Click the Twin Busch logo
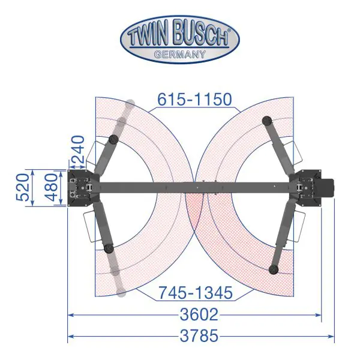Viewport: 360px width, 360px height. click(180, 39)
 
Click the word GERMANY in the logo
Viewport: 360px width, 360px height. click(180, 55)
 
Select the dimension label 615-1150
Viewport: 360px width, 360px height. click(194, 100)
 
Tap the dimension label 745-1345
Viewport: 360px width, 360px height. click(196, 293)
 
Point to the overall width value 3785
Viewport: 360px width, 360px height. click(199, 335)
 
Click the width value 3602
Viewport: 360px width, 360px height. click(199, 314)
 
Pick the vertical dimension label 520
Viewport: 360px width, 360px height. click(23, 188)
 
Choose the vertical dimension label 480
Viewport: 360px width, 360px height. click(51, 187)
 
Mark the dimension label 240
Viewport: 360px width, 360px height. click(77, 149)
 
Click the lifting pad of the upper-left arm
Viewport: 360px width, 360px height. click(113, 139)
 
